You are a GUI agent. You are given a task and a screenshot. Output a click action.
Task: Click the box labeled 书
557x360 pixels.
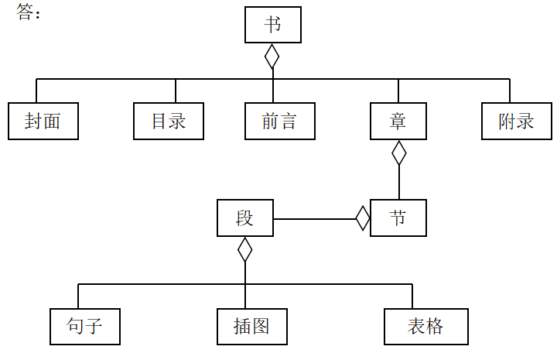(x=272, y=24)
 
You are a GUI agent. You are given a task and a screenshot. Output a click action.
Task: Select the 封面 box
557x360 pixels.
(x=43, y=121)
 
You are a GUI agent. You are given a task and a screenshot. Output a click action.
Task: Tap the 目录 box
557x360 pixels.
(x=169, y=121)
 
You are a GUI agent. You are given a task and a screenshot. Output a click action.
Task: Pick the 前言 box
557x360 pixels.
(x=280, y=121)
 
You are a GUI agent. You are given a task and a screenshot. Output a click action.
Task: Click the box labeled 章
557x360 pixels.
(x=398, y=121)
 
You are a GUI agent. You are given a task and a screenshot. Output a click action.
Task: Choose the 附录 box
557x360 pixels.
(x=516, y=121)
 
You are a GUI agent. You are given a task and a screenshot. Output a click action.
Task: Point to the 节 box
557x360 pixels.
(x=398, y=218)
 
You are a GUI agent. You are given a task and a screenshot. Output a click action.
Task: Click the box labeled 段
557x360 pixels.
(x=245, y=218)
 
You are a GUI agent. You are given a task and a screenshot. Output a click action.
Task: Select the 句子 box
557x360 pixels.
(x=85, y=326)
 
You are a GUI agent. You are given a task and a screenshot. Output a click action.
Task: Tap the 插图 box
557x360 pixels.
(x=251, y=326)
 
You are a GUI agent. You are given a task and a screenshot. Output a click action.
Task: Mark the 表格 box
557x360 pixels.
(x=425, y=326)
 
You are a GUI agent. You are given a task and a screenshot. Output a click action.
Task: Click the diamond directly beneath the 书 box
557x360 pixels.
(x=272, y=56)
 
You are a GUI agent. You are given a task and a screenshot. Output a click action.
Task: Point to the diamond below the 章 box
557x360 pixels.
(x=398, y=153)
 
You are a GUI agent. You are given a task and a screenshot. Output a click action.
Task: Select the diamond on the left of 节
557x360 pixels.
(x=363, y=218)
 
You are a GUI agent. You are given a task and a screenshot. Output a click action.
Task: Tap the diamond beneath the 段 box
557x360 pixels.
(x=245, y=249)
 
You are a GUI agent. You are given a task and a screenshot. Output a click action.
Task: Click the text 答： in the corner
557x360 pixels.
(x=29, y=13)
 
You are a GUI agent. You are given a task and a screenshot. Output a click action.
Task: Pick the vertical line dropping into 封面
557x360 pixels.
(x=36, y=91)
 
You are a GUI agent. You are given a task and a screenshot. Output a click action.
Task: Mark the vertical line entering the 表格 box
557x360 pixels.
(x=412, y=296)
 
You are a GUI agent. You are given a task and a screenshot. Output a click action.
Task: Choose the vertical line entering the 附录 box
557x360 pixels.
(x=510, y=91)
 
